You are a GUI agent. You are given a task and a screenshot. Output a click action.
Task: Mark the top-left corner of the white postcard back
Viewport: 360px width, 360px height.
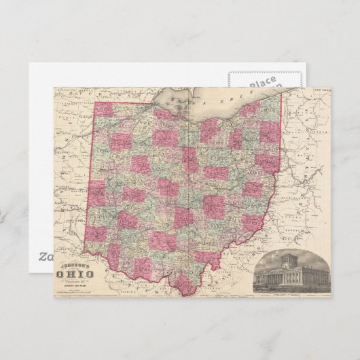click(x=29, y=65)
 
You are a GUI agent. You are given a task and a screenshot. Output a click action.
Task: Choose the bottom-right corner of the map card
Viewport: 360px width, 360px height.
click(x=331, y=297)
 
